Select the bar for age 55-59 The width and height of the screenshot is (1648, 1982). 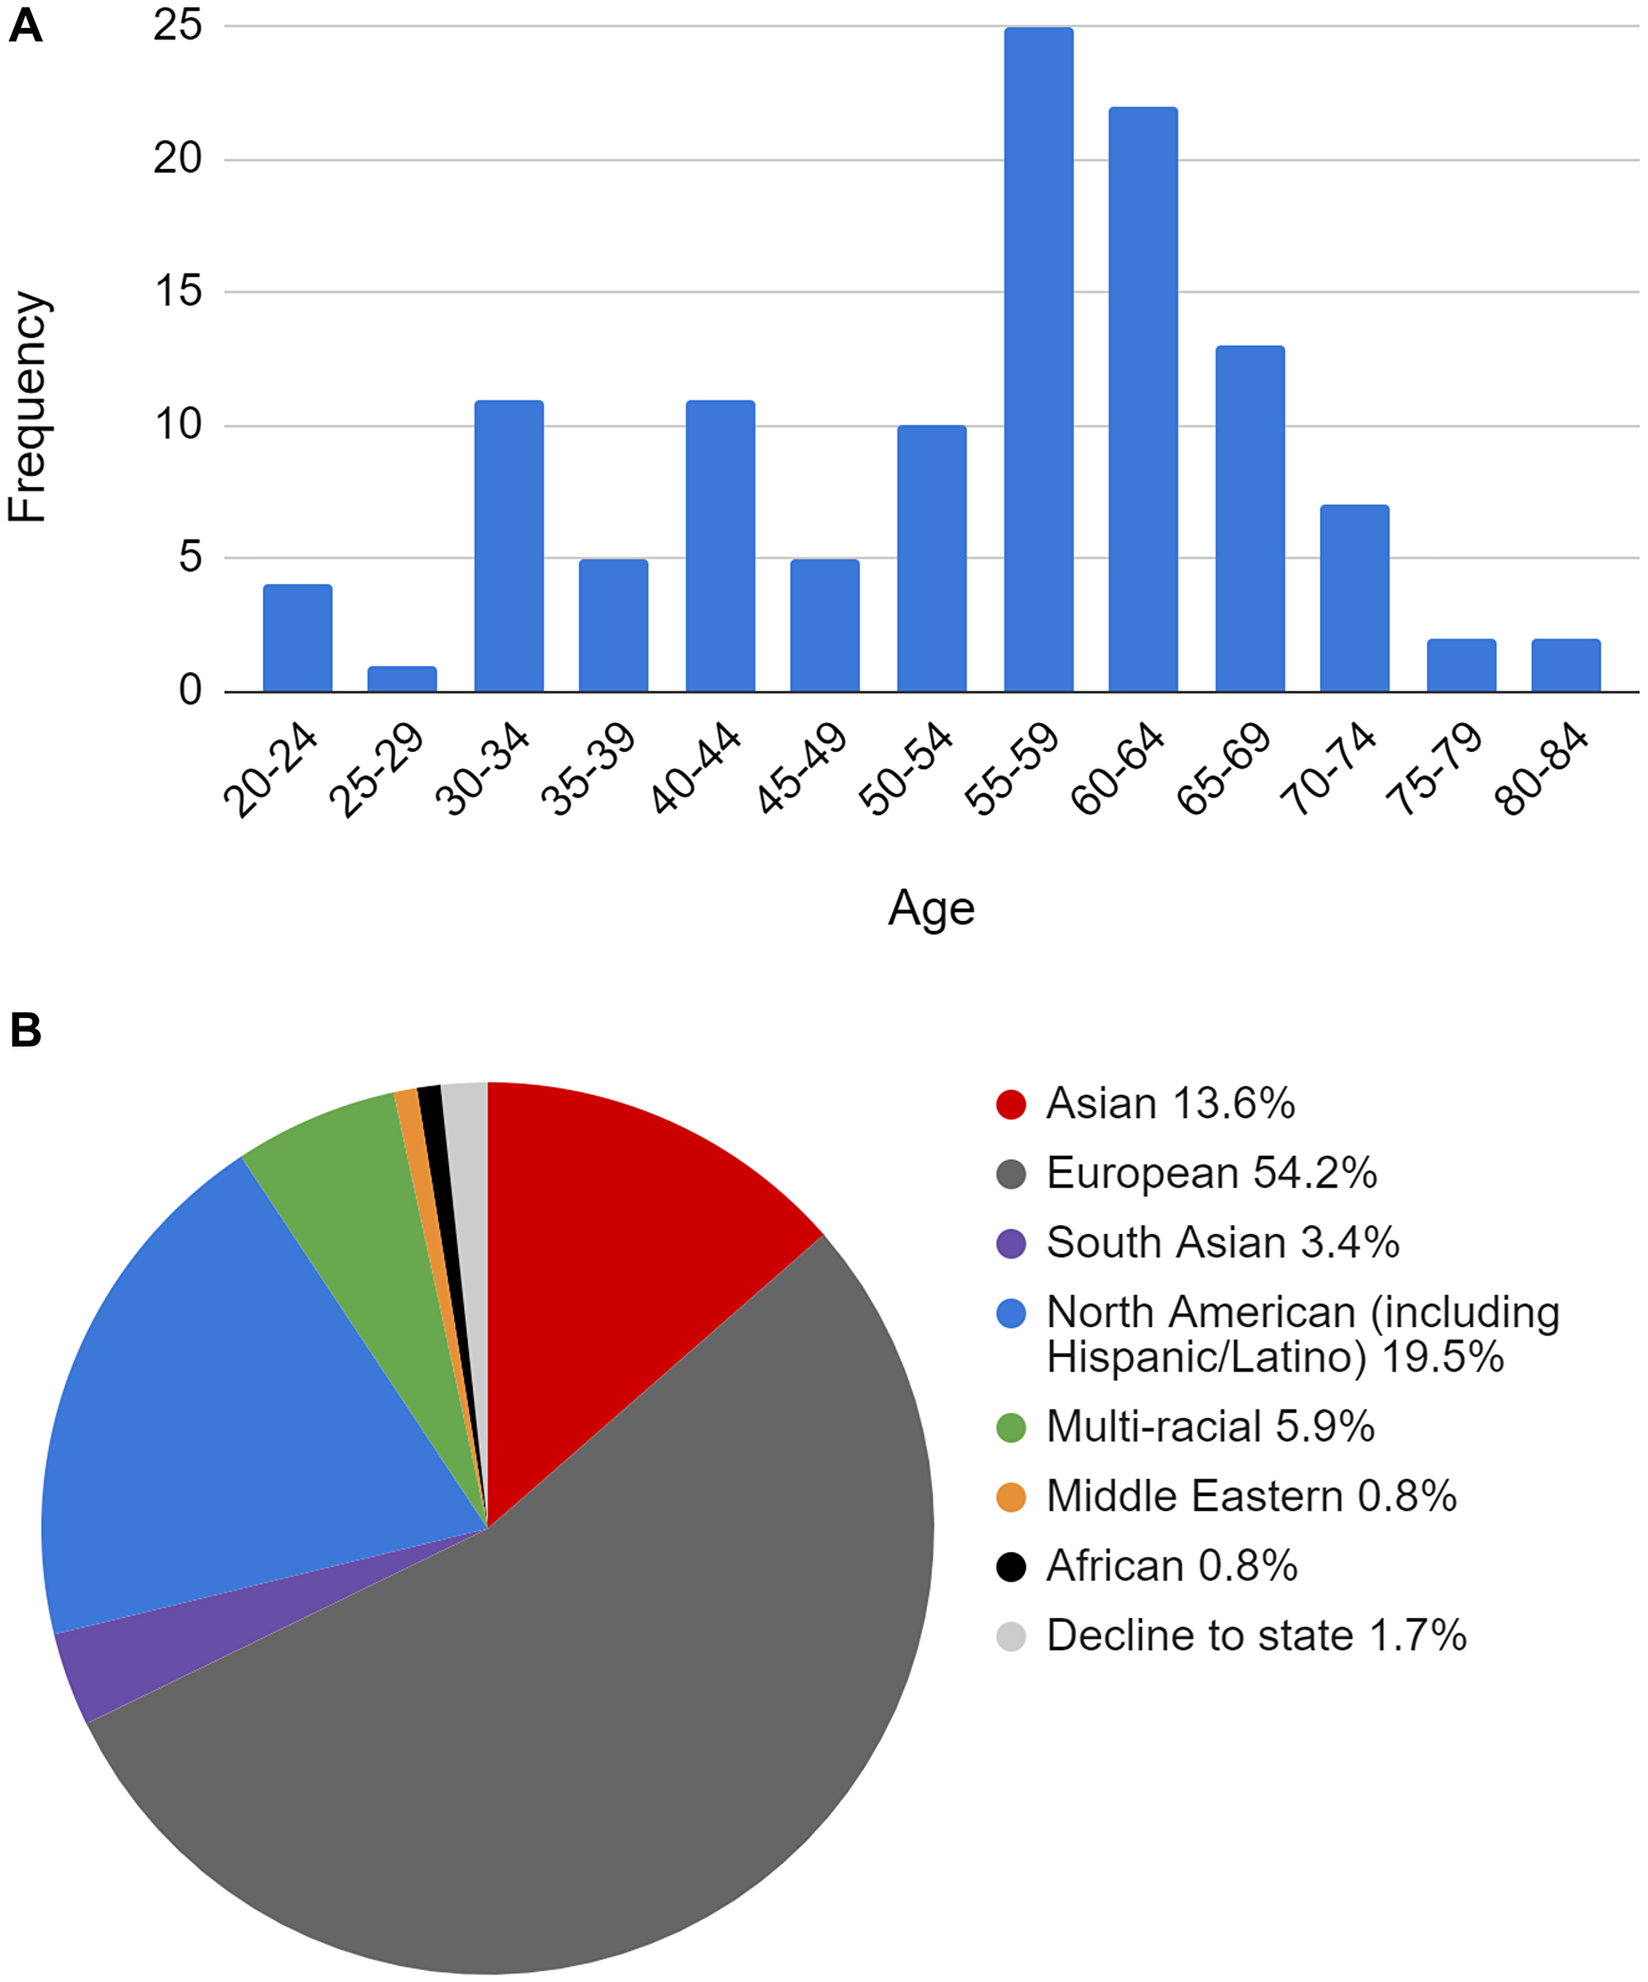coord(1038,358)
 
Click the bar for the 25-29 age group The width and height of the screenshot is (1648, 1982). coord(402,680)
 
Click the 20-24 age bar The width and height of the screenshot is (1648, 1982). coord(297,639)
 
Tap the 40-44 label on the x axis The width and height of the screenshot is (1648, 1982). coord(696,769)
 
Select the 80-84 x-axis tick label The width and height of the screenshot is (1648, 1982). coord(1543,769)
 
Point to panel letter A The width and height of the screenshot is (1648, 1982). coord(26,26)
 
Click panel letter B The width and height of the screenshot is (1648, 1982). coord(26,1030)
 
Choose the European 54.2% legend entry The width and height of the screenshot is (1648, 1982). coord(1211,1174)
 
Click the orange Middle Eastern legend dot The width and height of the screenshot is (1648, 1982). coord(1011,1497)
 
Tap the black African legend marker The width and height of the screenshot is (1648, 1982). coord(1011,1567)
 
